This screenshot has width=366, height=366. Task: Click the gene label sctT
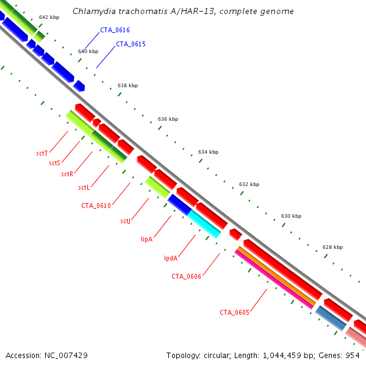click(42, 152)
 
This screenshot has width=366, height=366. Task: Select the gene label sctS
click(55, 163)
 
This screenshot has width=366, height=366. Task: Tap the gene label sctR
click(67, 174)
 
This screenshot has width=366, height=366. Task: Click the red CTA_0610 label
click(96, 206)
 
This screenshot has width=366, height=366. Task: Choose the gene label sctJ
click(126, 221)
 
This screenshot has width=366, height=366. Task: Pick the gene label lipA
click(146, 239)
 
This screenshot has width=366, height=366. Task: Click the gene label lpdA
click(171, 258)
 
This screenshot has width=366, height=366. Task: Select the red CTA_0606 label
click(186, 276)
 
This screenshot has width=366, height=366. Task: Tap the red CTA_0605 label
click(235, 312)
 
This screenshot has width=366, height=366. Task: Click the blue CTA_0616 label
click(115, 30)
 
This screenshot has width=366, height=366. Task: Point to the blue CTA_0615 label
click(131, 44)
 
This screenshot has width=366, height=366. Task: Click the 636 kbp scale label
click(168, 119)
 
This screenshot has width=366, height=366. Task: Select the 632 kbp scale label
click(249, 184)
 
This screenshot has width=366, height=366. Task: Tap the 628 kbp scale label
click(332, 247)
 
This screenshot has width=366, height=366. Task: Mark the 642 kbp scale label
click(48, 18)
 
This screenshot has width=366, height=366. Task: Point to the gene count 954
click(353, 354)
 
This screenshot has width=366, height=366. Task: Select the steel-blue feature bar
click(331, 318)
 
